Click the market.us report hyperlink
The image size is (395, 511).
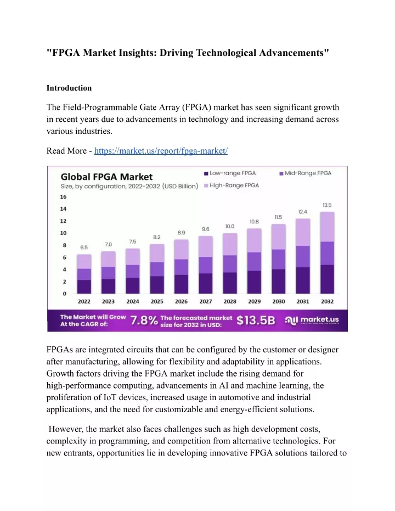pos(161,151)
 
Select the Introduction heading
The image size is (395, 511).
pos(69,88)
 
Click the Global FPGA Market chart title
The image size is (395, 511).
pos(106,177)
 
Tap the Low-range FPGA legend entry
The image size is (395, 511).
pos(230,173)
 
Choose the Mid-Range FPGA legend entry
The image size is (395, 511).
pos(306,173)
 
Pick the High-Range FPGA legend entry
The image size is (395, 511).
pos(232,186)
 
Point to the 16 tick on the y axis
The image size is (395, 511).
pos(63,197)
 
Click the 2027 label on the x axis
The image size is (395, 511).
pos(206,301)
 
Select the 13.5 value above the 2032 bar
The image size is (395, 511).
pos(327,205)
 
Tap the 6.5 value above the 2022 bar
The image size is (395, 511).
pos(84,248)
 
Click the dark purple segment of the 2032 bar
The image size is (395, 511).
pos(328,279)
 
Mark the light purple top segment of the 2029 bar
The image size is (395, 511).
pos(255,240)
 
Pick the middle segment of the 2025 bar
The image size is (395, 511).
pos(157,269)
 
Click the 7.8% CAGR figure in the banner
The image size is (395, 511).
pos(144,321)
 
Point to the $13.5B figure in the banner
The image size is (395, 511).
pos(256,321)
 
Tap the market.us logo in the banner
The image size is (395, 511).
pos(312,321)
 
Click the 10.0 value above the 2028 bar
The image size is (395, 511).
pos(229,226)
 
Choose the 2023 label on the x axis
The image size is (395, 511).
pos(108,301)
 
